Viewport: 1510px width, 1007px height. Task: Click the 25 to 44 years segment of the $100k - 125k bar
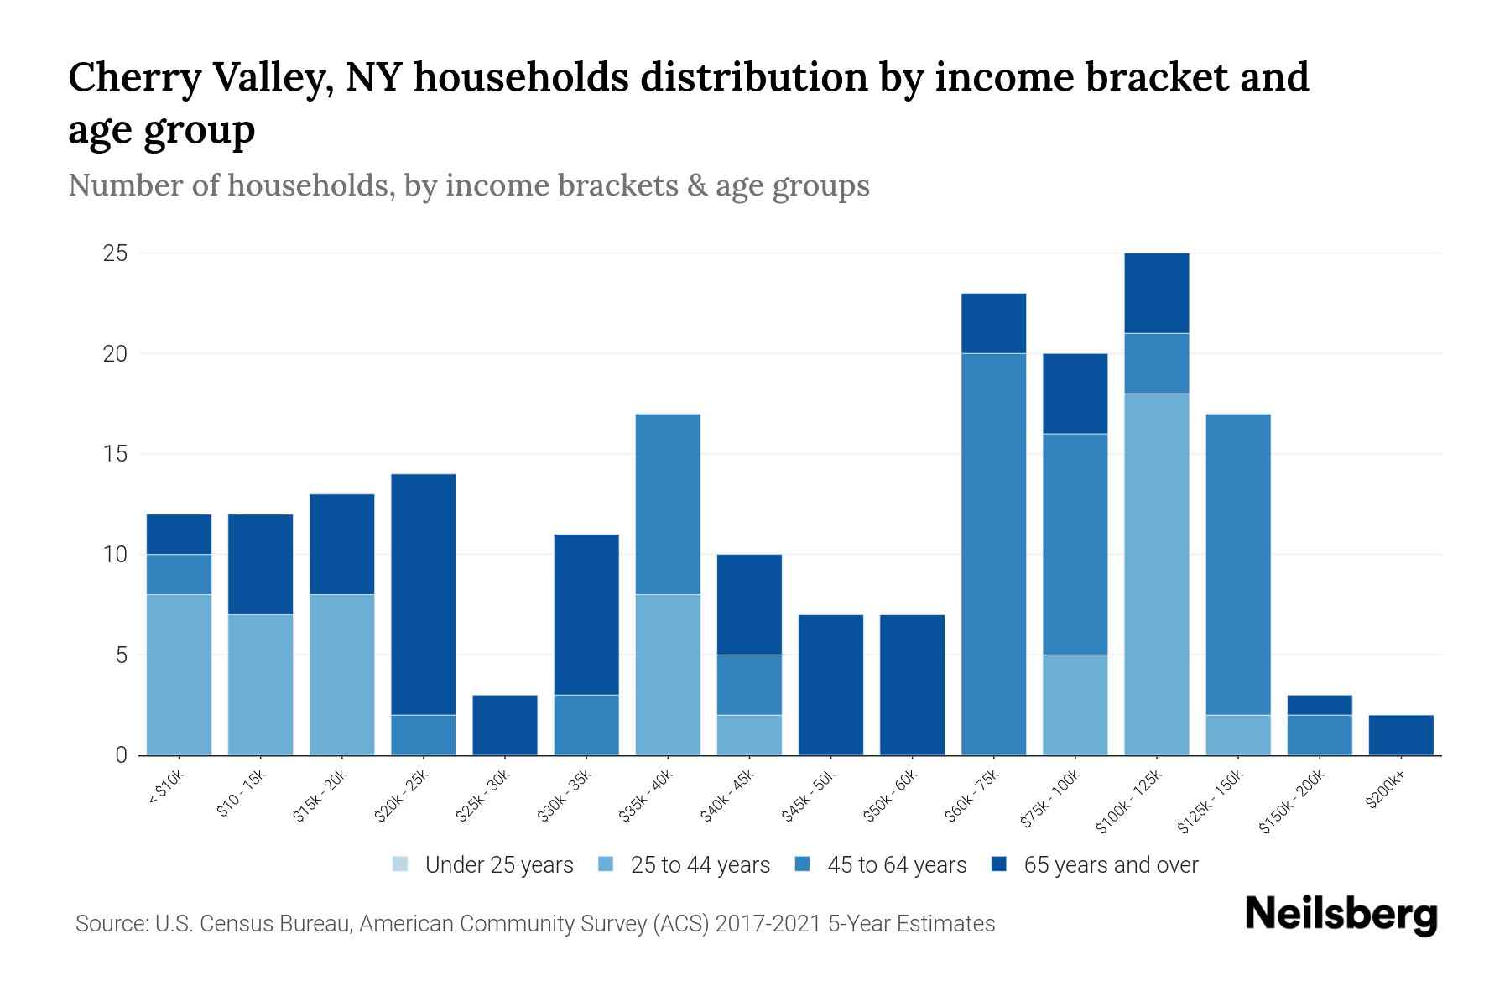tap(1156, 574)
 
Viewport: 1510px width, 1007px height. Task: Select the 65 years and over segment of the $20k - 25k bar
tap(424, 594)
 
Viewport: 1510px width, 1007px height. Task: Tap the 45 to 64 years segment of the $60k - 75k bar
tap(993, 554)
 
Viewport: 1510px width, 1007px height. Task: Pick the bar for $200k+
tap(1400, 735)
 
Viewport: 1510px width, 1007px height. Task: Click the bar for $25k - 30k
tap(505, 725)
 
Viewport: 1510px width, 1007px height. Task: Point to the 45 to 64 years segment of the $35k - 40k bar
tap(668, 503)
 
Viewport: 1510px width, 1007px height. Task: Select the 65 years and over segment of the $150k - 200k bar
tap(1319, 705)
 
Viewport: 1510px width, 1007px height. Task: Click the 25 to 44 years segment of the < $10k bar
tap(179, 675)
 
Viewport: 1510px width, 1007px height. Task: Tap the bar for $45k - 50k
tap(830, 685)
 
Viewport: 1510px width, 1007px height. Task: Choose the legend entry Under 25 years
tap(498, 865)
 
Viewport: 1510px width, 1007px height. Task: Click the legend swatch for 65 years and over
tap(998, 864)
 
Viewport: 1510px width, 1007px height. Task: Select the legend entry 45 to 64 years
tap(896, 865)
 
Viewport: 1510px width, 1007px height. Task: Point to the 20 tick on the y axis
tap(115, 354)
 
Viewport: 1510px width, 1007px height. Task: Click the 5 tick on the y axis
tap(122, 655)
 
